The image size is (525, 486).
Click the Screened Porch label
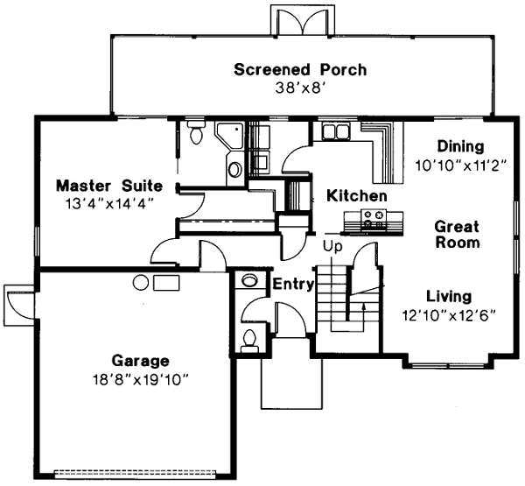point(300,69)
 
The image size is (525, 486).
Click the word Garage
point(140,360)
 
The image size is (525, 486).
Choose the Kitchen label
point(357,195)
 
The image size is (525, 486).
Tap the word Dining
point(460,145)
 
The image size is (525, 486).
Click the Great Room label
point(457,234)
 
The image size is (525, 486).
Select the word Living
point(449,296)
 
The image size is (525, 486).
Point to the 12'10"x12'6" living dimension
point(450,314)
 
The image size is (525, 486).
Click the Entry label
point(291,285)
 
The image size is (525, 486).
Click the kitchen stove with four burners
point(374,219)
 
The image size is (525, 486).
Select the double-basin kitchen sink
point(336,132)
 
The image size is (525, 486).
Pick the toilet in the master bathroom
point(196,134)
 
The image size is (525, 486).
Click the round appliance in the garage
point(140,282)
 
